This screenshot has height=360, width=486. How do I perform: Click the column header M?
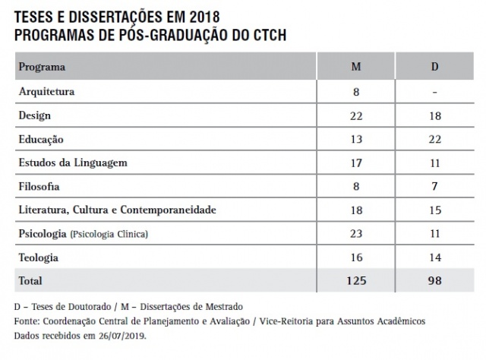[x=355, y=67]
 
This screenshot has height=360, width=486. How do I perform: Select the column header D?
[x=434, y=67]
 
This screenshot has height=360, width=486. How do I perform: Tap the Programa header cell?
[x=42, y=67]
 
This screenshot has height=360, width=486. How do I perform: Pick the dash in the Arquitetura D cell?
[x=434, y=92]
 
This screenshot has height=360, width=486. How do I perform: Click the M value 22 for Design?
[x=355, y=115]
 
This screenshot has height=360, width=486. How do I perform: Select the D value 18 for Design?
[x=434, y=115]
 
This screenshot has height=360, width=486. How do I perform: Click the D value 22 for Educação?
[x=434, y=140]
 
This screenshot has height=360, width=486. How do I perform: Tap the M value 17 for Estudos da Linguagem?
[x=355, y=163]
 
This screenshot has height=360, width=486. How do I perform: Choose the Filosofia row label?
[x=39, y=186]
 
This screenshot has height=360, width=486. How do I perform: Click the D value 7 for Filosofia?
[x=434, y=186]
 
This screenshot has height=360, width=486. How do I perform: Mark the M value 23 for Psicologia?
[x=355, y=233]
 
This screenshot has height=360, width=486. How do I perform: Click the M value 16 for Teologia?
[x=355, y=257]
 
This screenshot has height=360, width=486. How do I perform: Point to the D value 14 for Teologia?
[x=434, y=257]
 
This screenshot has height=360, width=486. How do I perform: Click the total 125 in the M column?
[x=355, y=281]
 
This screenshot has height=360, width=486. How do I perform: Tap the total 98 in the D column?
[x=434, y=281]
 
